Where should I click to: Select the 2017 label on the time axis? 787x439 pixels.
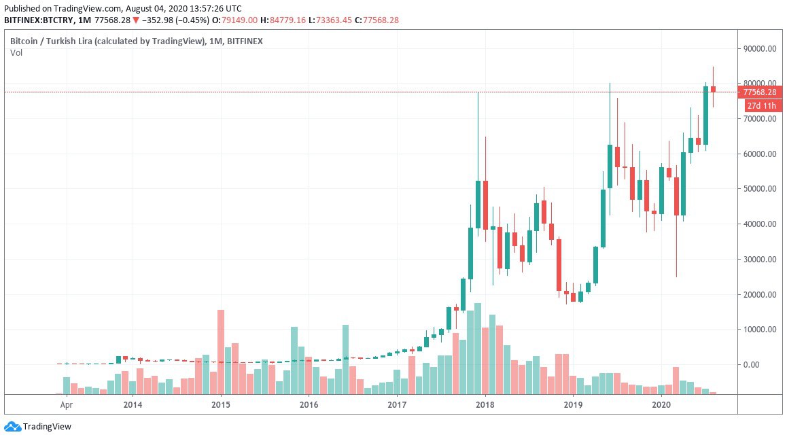coord(397,405)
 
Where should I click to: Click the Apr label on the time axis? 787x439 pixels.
coord(66,405)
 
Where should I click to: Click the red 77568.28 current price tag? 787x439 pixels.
coord(760,92)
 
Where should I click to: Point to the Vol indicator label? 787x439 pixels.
coord(16,53)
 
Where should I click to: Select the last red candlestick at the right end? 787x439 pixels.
coord(713,89)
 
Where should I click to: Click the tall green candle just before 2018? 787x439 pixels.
coord(478,204)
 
